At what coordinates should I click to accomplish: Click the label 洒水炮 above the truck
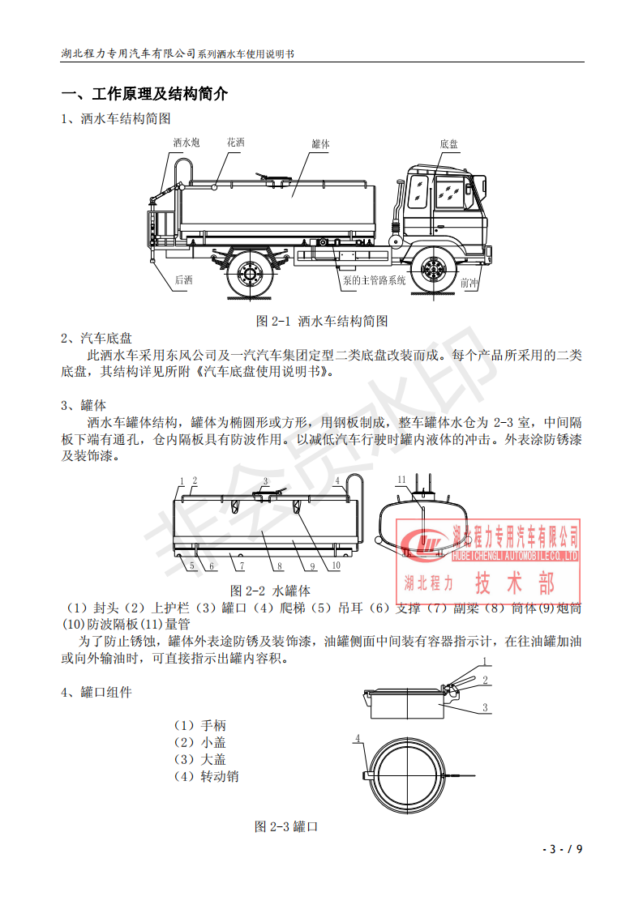coord(186,143)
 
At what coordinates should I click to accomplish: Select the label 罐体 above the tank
coord(320,143)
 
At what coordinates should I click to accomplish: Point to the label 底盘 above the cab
coord(449,143)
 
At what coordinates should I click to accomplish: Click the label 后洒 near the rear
coord(183,280)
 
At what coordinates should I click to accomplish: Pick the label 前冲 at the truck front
coord(469,284)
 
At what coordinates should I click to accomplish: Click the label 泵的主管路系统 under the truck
coord(374,280)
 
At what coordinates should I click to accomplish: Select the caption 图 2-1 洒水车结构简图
coord(322,321)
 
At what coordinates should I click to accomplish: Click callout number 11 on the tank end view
coord(400,480)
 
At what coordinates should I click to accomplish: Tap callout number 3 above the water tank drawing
coord(264,481)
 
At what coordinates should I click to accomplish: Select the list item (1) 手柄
coord(199,725)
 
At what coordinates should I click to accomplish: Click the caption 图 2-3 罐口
coord(285,826)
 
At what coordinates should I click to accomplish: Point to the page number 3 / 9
coord(564,849)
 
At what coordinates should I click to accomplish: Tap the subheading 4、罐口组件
coord(96,693)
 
